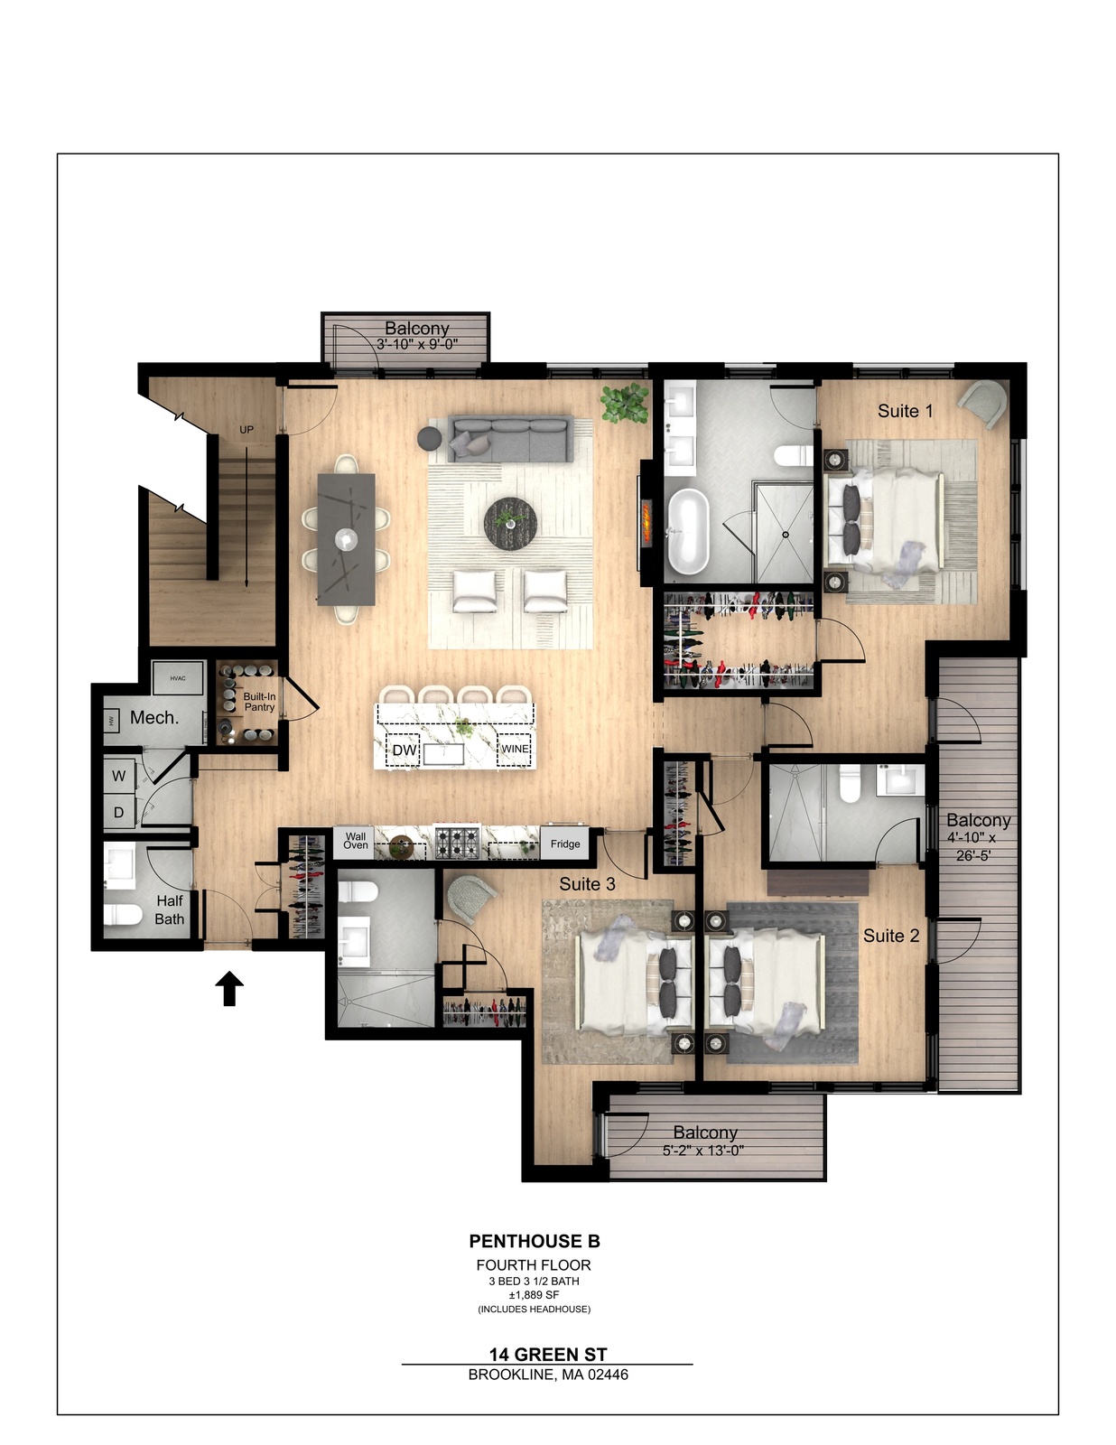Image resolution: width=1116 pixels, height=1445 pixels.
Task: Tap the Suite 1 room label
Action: click(906, 411)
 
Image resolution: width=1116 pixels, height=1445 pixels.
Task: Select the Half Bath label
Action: click(170, 909)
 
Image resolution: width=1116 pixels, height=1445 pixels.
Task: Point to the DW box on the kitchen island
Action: click(405, 750)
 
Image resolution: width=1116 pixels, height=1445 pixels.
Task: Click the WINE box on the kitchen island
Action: click(515, 750)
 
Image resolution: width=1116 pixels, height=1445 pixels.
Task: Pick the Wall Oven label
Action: click(356, 841)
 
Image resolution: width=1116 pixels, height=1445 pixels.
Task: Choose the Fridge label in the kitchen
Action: click(565, 844)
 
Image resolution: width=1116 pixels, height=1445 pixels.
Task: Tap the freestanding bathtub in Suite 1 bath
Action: click(689, 531)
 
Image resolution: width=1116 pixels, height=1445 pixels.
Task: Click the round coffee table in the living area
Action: click(510, 522)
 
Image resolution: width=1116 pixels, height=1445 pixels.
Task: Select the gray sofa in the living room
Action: click(510, 438)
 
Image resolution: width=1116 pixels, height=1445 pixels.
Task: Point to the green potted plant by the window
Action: click(624, 403)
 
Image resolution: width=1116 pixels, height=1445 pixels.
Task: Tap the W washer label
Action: click(119, 776)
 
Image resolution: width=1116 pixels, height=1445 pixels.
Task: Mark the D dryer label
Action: click(119, 812)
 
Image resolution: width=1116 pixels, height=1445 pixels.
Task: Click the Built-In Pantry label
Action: click(259, 702)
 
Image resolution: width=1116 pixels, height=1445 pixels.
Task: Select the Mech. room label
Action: click(154, 717)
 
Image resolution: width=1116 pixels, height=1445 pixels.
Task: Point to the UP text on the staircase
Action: click(246, 430)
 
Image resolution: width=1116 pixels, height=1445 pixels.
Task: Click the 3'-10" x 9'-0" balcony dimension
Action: click(417, 344)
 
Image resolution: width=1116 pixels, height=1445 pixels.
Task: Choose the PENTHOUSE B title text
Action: click(535, 1241)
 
